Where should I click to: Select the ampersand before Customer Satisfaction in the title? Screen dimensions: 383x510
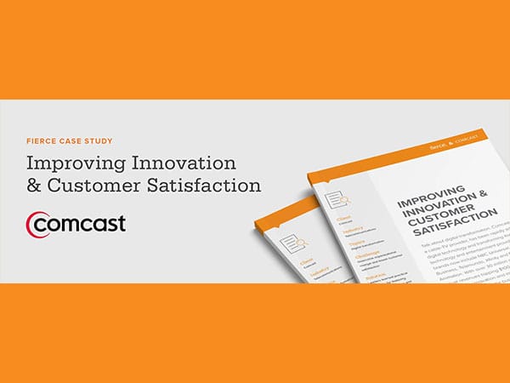pyautogui.click(x=35, y=185)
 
